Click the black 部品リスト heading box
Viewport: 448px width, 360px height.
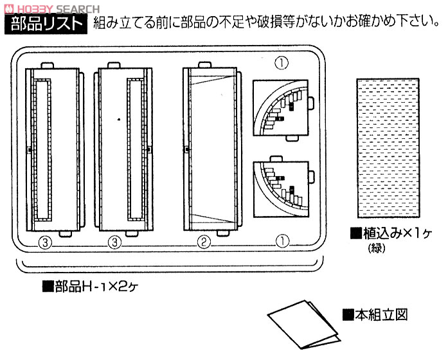click(46, 24)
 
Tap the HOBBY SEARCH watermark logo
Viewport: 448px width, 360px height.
click(51, 9)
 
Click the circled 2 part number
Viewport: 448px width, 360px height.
click(204, 242)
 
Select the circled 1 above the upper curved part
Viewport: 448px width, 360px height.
click(282, 63)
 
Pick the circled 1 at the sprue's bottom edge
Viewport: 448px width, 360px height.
click(282, 241)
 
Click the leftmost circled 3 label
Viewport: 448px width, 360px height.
click(45, 243)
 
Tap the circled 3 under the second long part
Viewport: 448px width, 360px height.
click(114, 242)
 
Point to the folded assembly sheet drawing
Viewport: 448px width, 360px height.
click(304, 324)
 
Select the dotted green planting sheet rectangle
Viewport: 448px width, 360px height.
click(388, 148)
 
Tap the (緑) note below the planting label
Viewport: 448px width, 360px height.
click(377, 248)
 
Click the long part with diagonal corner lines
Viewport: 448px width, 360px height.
click(211, 149)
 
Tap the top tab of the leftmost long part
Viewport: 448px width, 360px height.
click(47, 66)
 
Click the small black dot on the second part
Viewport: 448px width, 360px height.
click(119, 120)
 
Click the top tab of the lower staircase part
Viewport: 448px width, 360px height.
click(276, 159)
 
